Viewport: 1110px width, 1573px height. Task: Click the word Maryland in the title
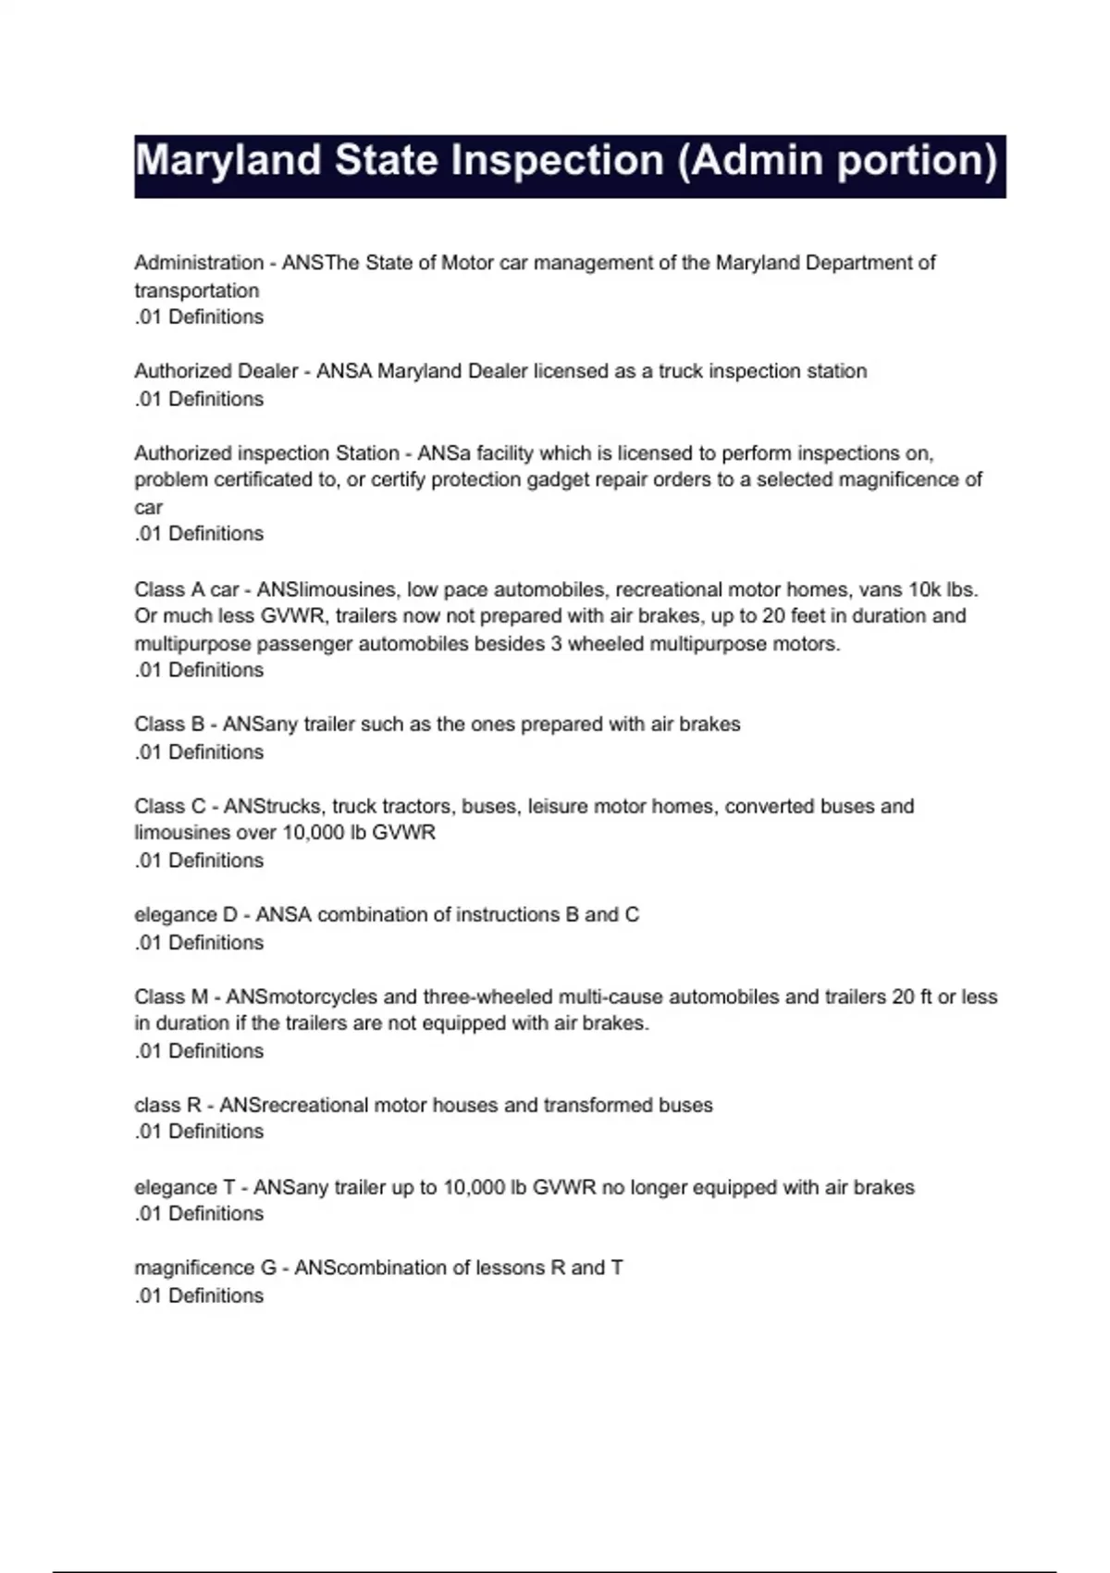point(228,162)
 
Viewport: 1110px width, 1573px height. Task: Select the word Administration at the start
point(199,263)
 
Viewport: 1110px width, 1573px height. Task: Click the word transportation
point(196,291)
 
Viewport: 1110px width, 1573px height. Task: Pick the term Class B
point(169,725)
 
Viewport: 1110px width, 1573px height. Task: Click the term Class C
point(170,806)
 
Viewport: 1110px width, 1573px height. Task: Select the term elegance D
point(186,915)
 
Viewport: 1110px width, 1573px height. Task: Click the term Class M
point(171,997)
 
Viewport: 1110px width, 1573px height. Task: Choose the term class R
point(167,1105)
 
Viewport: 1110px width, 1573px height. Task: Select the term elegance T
point(185,1187)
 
